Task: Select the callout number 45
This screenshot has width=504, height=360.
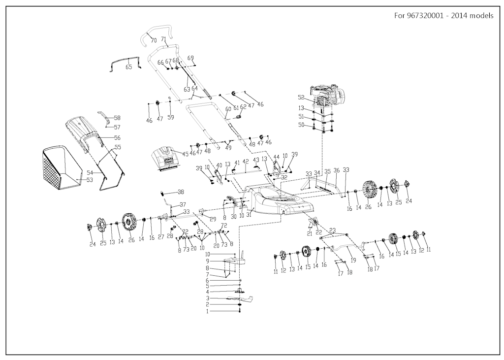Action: point(186,154)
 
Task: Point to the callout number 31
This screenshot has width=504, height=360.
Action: point(249,216)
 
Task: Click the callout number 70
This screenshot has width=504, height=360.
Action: point(154,40)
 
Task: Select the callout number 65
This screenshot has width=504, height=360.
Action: point(129,67)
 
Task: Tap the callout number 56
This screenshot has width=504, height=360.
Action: point(117,138)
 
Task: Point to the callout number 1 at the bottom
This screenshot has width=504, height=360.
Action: point(208,311)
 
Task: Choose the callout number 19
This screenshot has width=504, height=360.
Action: point(353,260)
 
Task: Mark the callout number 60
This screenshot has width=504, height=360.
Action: point(228,109)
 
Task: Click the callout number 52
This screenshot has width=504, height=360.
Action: point(301,97)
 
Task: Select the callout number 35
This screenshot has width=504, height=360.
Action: point(327,171)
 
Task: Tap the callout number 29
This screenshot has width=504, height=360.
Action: point(213,219)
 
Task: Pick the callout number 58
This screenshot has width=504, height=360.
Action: point(117,118)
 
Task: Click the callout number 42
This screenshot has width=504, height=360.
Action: point(246,161)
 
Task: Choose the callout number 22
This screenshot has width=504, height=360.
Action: point(318,232)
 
